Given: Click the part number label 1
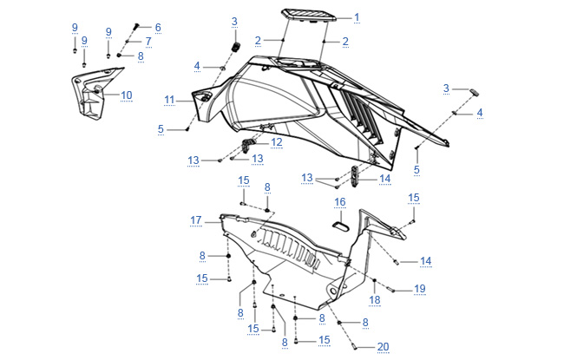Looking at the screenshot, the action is click(x=357, y=17).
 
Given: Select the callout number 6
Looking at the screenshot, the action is click(x=158, y=28).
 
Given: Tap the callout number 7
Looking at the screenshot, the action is click(x=148, y=42).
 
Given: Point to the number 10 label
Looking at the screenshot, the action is click(x=127, y=95).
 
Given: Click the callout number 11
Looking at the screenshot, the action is click(x=169, y=100).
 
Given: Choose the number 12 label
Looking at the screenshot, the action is click(x=276, y=142).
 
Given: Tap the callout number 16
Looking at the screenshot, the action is click(x=340, y=202).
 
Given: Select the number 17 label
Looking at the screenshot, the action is click(x=196, y=220).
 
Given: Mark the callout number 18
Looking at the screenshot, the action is click(x=375, y=300).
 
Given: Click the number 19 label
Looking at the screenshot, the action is click(x=420, y=289).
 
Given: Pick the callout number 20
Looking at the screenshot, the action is click(x=383, y=347).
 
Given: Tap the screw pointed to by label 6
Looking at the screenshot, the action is click(x=136, y=26).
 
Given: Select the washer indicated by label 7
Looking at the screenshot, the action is click(x=127, y=43).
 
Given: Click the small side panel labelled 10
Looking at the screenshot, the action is click(x=95, y=93).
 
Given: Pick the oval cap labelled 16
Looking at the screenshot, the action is click(x=340, y=226).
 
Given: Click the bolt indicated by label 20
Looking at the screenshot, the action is click(x=353, y=347).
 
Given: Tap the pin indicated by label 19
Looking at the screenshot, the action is click(x=391, y=289).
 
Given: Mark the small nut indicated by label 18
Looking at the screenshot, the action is click(x=375, y=280).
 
